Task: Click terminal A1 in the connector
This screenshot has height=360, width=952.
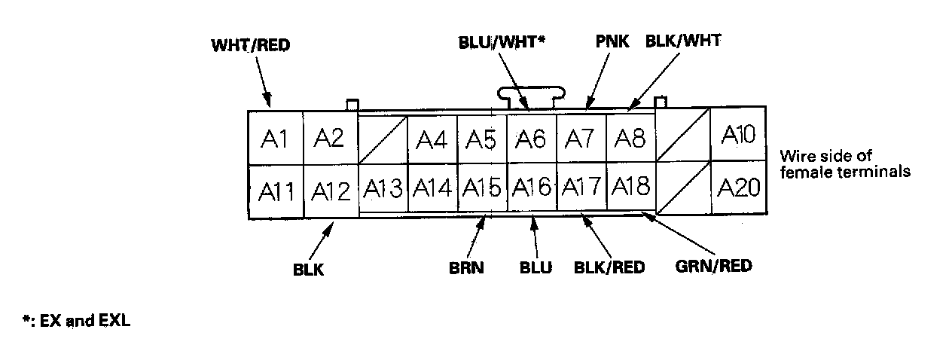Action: [275, 139]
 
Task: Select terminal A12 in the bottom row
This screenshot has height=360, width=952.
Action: [331, 191]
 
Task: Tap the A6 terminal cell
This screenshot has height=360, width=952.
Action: [530, 139]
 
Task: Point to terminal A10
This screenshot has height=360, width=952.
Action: [737, 134]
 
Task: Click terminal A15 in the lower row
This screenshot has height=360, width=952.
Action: [481, 187]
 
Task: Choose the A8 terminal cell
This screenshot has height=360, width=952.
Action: [630, 139]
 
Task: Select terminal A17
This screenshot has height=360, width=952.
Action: [581, 187]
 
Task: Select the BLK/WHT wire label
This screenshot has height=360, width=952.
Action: [683, 41]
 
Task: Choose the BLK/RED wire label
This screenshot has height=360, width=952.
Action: [609, 267]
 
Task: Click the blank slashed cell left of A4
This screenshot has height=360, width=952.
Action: [382, 139]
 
